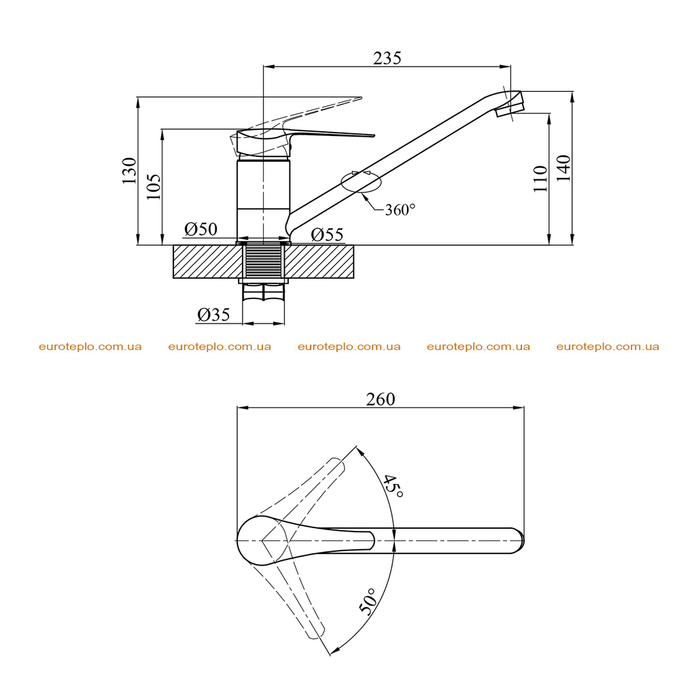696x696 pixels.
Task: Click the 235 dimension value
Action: point(387,58)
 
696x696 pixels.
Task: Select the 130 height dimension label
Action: point(130,171)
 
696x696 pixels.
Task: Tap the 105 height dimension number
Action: point(154,186)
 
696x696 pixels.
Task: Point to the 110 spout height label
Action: point(540,179)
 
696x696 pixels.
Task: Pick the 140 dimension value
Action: point(563,168)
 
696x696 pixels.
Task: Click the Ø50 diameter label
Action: point(201,229)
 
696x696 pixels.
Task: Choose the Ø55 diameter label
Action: point(327,234)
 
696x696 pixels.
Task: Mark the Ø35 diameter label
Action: point(213,315)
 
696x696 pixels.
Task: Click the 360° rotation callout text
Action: point(400,210)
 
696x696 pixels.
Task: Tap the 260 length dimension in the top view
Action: point(381,400)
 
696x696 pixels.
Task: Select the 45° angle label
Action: point(394,486)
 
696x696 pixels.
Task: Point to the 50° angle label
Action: point(368,602)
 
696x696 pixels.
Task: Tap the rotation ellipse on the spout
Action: point(361,181)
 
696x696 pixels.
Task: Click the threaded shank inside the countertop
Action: point(264,262)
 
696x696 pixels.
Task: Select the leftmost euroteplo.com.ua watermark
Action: point(90,347)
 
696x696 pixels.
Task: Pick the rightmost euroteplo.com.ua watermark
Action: point(608,347)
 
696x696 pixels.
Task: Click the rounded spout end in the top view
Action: point(519,540)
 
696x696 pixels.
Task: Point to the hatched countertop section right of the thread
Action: point(319,262)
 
